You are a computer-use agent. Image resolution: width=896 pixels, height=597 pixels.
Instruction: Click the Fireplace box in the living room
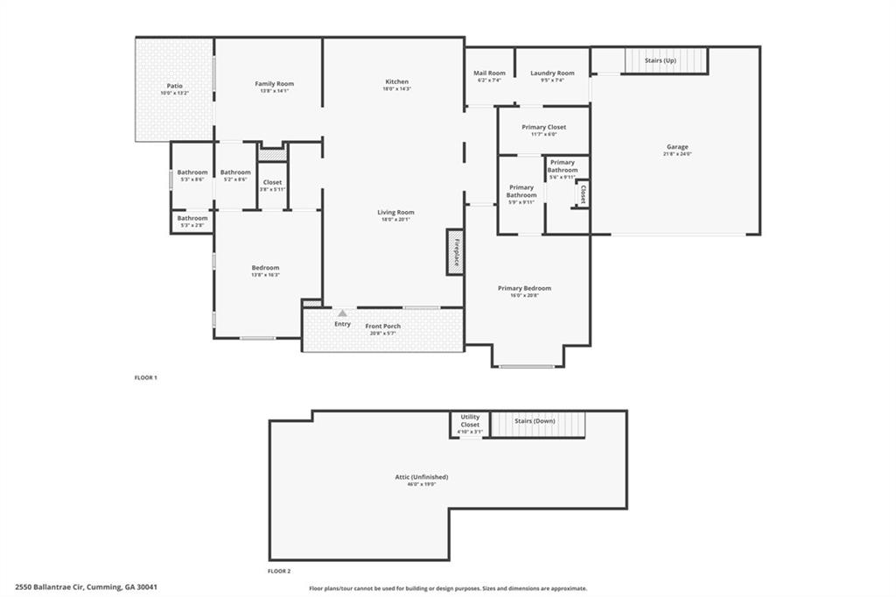point(455,252)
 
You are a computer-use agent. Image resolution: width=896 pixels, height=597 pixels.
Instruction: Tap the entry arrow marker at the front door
point(342,313)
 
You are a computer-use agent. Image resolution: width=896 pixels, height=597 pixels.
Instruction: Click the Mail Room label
point(490,74)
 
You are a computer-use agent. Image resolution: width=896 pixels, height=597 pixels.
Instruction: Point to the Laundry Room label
point(552,74)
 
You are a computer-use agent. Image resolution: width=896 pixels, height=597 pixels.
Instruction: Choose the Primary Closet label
point(543,128)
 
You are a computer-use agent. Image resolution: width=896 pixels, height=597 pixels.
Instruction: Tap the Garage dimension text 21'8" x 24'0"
point(677,154)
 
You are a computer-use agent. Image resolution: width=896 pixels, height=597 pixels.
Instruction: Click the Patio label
point(175,86)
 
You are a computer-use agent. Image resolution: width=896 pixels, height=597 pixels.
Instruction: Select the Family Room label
point(274,84)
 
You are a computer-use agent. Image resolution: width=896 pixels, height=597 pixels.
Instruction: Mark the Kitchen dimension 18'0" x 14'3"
point(396,89)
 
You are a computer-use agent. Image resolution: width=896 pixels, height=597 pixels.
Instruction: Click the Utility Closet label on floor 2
point(470,421)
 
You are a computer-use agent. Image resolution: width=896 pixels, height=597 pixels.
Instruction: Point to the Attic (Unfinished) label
point(421,477)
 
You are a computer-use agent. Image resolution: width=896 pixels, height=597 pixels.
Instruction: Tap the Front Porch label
point(382,327)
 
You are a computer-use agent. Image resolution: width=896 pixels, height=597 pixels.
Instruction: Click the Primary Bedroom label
point(524,288)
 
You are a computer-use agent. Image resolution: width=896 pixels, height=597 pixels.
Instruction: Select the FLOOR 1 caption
point(145,377)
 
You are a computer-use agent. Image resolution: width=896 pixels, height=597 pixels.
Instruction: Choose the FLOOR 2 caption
point(279,570)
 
